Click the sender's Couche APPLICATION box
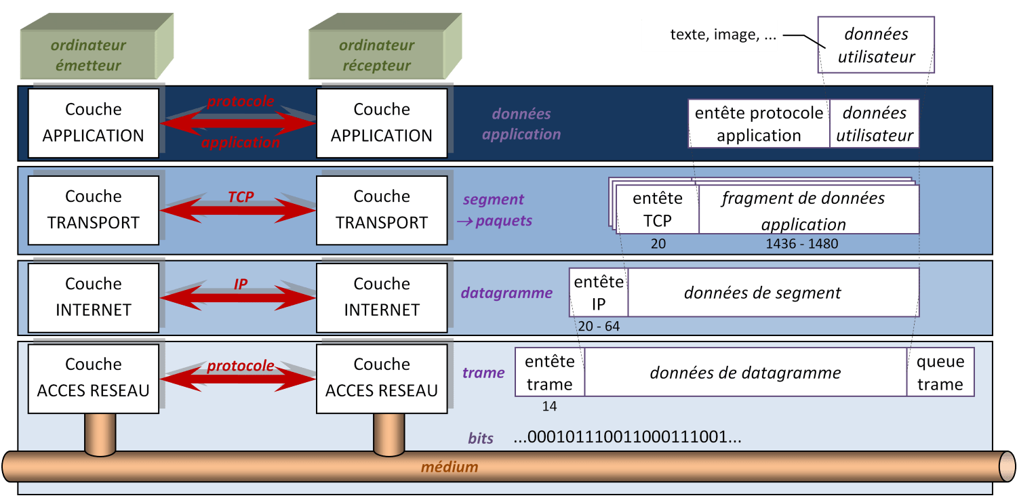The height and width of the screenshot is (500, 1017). (x=94, y=122)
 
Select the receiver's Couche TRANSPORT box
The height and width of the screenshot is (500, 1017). (x=382, y=209)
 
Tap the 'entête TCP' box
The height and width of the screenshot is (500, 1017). (x=658, y=209)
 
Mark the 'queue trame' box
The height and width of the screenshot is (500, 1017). (x=940, y=373)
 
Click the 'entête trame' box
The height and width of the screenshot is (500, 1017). (x=550, y=373)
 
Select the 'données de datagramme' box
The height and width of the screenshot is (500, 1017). (x=745, y=373)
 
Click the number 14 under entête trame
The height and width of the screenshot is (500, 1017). (x=549, y=407)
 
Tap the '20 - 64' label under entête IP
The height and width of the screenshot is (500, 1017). (x=599, y=327)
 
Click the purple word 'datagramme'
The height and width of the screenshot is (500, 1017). (x=506, y=293)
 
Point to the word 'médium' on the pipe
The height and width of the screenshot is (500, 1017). (x=450, y=467)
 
